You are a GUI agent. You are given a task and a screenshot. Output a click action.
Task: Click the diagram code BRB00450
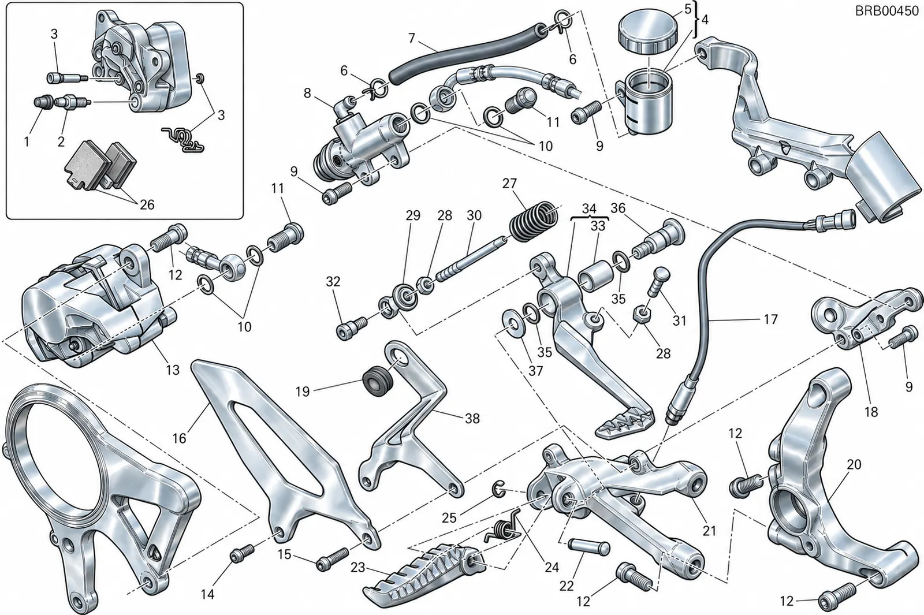[x=886, y=11]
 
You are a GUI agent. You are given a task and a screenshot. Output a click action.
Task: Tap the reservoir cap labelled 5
[x=649, y=32]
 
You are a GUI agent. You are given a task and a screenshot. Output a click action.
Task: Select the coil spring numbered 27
[x=534, y=222]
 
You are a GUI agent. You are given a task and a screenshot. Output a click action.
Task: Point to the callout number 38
[x=472, y=418]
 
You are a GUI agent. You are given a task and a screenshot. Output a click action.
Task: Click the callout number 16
[x=180, y=438]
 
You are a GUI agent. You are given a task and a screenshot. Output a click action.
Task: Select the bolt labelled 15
[x=333, y=559]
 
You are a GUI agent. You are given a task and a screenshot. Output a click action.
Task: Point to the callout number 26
[x=147, y=204]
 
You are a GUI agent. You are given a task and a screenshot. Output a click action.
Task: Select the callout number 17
[x=770, y=319]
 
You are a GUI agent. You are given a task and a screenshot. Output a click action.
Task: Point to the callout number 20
[x=854, y=464]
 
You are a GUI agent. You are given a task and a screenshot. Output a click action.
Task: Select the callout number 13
[x=173, y=370]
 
